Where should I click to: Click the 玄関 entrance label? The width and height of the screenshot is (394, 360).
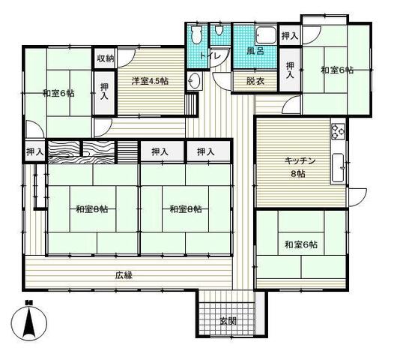[228, 321]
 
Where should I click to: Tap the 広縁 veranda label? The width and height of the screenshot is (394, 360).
[124, 275]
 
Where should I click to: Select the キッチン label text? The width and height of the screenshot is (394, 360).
[300, 160]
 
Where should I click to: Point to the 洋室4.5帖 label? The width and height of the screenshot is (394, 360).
[150, 81]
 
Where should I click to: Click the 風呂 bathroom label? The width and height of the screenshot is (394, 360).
[255, 51]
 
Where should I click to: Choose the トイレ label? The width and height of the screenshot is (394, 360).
[210, 55]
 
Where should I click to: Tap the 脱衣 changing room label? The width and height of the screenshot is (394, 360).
[255, 81]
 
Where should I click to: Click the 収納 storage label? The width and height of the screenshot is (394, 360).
[106, 58]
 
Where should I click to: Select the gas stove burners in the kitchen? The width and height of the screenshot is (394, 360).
[339, 131]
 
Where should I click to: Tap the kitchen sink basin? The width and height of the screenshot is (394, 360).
[339, 167]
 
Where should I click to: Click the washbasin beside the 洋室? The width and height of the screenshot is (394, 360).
[195, 80]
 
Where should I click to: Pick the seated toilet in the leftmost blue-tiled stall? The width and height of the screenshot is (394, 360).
[196, 34]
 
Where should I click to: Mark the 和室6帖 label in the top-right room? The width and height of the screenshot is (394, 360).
[337, 70]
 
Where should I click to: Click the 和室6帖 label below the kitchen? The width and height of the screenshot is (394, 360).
[301, 244]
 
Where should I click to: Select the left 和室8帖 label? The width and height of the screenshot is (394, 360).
[92, 208]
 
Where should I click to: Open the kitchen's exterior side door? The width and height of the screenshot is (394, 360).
[357, 197]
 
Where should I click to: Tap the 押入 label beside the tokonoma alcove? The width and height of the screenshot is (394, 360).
[35, 151]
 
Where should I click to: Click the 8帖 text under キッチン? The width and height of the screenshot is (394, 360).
[298, 173]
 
